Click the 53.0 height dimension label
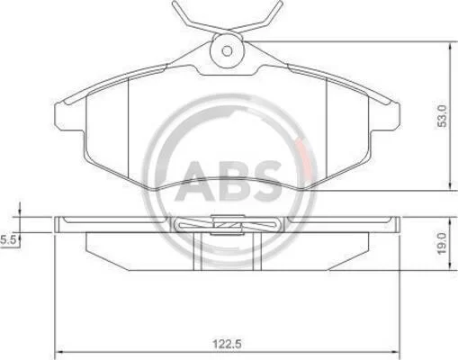[442, 116]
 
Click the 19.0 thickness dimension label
[442, 243]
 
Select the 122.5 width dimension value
[227, 344]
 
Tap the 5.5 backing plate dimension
[8, 240]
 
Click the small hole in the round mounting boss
[227, 51]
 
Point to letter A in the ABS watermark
[195, 182]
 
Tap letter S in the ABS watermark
[264, 182]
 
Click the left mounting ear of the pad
[69, 116]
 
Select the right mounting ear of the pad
[384, 116]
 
